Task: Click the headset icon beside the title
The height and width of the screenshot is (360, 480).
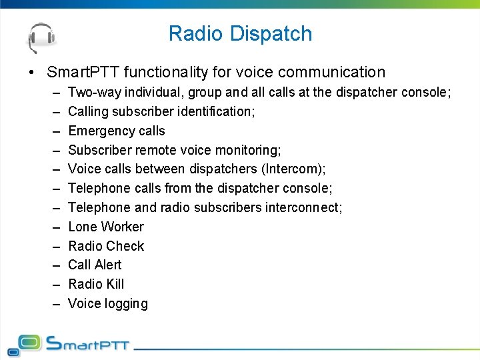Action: (41, 36)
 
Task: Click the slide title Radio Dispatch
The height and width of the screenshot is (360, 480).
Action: (240, 33)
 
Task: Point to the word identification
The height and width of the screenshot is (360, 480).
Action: (212, 111)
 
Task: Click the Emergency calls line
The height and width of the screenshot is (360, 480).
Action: (117, 131)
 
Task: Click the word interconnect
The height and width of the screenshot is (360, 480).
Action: (303, 207)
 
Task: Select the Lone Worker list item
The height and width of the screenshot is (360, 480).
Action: (106, 227)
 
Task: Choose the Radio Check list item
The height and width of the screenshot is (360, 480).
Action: (106, 246)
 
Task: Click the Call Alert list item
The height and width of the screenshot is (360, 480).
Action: (95, 265)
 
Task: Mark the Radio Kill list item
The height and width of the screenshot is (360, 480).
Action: (96, 284)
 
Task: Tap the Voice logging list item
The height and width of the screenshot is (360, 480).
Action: (108, 303)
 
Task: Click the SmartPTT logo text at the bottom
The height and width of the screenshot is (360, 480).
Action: (87, 344)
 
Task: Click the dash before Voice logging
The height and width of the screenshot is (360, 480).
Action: (53, 304)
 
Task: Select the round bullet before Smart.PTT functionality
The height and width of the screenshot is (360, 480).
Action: (31, 72)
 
